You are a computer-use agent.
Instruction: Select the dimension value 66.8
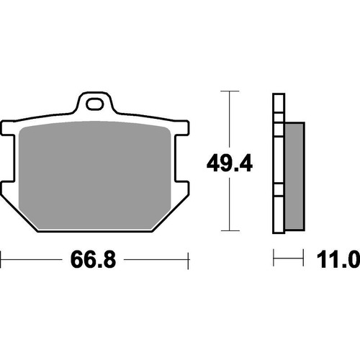tap(94, 258)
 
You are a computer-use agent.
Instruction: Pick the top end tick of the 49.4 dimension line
tap(228, 91)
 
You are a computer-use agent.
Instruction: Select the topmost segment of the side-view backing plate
tap(278, 104)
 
